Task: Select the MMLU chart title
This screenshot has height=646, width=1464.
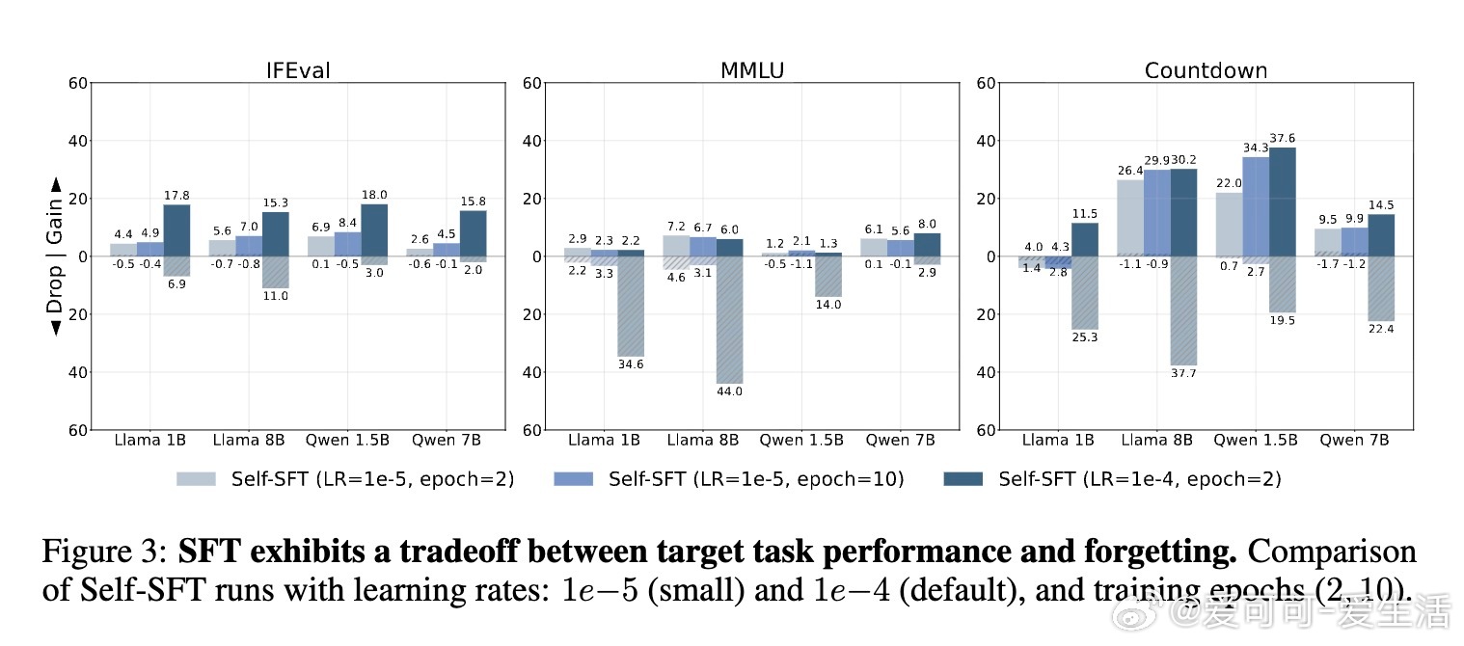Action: pos(752,70)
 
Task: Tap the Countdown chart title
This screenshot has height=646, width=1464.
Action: pos(1206,70)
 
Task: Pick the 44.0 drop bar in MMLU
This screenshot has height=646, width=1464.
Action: pos(728,319)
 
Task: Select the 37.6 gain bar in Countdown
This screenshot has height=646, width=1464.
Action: pos(1283,202)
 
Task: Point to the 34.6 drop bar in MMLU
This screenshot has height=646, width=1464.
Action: pos(632,306)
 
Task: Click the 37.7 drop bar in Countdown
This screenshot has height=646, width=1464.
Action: pos(1183,310)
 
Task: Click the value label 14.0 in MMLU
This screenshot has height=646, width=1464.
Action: pos(828,305)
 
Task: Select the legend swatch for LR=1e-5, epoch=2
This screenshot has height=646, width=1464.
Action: pos(197,479)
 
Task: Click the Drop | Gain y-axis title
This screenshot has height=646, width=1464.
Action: pos(55,256)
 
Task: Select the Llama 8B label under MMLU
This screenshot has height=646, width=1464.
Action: pos(702,441)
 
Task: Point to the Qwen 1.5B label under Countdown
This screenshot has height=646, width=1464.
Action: pos(1255,441)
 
